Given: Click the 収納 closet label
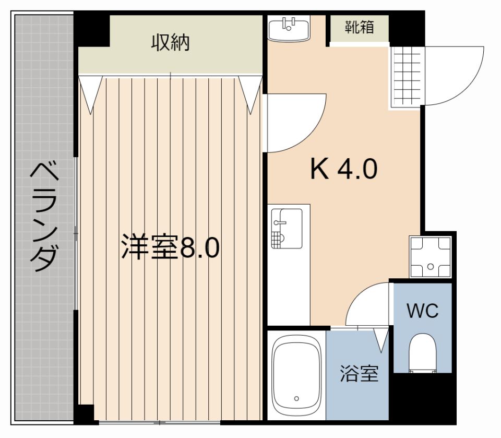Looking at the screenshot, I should [x=171, y=43].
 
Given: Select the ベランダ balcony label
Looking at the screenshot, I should [x=44, y=217].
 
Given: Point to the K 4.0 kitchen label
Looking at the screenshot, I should [x=343, y=169].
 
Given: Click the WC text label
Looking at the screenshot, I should [x=422, y=311].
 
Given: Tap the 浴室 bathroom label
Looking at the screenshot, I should [x=359, y=374].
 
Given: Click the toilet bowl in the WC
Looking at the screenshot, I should [x=422, y=353].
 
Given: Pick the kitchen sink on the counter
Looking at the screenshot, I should [x=287, y=228].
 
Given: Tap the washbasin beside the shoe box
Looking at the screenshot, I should [x=289, y=28].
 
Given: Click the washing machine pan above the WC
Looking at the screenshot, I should [x=430, y=257].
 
